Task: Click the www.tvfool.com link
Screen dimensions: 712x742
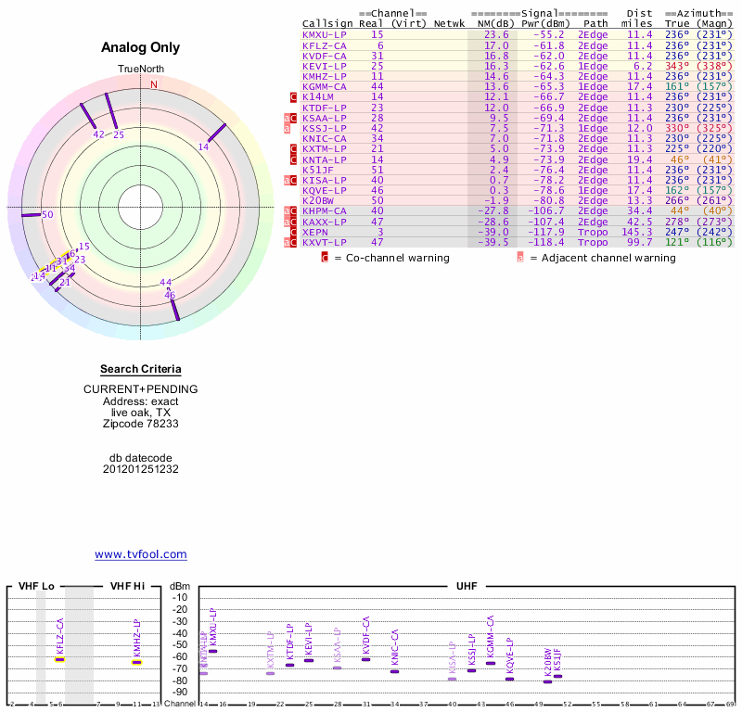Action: pos(141,554)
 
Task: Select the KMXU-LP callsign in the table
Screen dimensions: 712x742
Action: pos(325,34)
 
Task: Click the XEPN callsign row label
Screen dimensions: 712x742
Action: pos(315,232)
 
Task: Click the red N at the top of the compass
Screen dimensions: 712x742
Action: pos(154,85)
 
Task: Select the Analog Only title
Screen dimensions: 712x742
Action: pos(141,48)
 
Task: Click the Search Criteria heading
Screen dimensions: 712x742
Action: pos(141,369)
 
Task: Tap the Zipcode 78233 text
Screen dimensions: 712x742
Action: pos(141,424)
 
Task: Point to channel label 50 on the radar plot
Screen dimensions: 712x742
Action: pos(48,215)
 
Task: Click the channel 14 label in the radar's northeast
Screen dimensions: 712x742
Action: pos(204,146)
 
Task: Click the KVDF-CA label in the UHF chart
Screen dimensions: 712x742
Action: pos(365,633)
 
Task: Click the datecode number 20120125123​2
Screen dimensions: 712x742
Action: pos(141,469)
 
